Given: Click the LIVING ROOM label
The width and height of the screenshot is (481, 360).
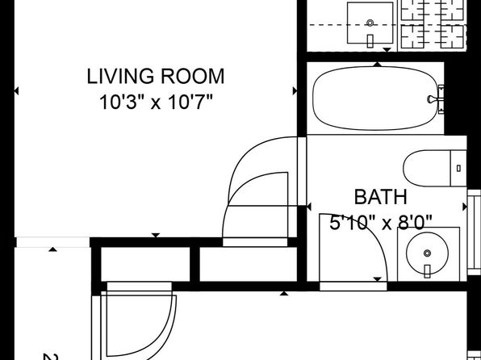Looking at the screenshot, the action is (x=156, y=77).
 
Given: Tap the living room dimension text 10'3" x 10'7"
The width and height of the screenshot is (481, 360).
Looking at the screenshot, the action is (x=156, y=103).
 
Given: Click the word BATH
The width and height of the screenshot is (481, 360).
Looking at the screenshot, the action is (x=381, y=197).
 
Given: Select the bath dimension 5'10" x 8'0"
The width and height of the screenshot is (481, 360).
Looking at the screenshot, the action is (x=381, y=222).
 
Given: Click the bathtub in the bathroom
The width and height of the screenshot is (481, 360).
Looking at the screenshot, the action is (x=374, y=98).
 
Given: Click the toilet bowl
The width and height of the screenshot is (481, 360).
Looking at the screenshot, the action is (x=426, y=168).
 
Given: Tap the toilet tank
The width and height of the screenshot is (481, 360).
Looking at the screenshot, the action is (x=458, y=168).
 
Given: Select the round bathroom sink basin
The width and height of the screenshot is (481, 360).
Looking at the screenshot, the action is (x=427, y=253).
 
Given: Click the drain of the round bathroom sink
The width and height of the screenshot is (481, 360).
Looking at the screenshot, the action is (x=427, y=253).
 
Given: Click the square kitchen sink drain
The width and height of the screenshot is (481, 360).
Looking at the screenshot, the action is (x=370, y=23).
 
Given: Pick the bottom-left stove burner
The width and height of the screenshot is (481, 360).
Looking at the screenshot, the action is (x=412, y=36).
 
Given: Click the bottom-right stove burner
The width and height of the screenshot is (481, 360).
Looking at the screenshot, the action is (x=452, y=36).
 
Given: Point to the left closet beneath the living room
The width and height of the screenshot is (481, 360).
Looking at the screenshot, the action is (x=146, y=264).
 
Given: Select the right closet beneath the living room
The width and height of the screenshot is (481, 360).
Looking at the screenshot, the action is (x=249, y=264).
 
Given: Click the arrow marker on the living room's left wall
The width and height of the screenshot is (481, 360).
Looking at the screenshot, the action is (x=16, y=91).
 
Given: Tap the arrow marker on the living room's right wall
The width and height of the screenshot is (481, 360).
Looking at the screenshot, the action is (x=295, y=91).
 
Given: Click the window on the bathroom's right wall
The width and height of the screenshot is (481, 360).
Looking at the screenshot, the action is (x=474, y=232).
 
